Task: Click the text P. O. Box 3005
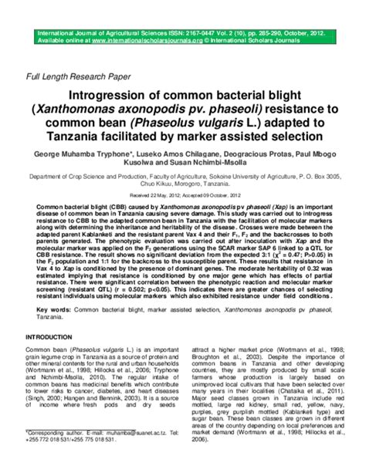coord(324,176)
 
